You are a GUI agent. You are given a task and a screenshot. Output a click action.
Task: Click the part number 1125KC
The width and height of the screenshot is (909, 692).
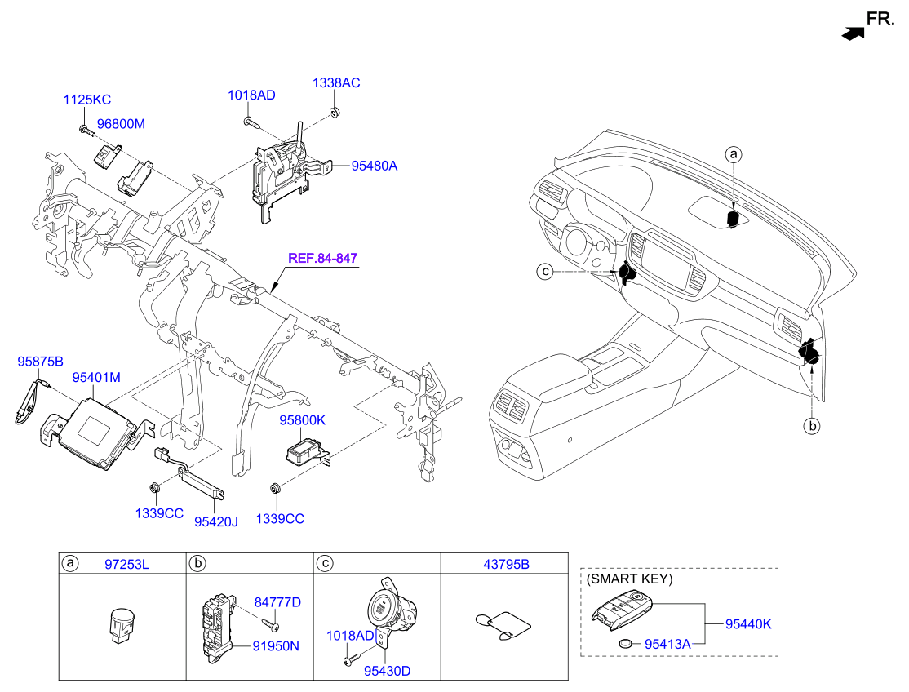point(87,100)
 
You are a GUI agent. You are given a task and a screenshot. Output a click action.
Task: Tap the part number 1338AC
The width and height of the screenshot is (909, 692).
point(336,83)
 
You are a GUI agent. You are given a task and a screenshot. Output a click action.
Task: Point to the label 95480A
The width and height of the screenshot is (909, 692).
point(374,166)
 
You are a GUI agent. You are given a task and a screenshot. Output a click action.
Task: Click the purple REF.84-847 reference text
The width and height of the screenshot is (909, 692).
point(322,258)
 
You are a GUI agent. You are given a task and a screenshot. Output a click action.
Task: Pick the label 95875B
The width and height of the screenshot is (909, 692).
point(41,360)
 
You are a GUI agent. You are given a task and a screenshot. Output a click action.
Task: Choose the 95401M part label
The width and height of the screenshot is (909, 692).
point(96,378)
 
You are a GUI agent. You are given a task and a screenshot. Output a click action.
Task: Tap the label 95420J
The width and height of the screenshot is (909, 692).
point(215,520)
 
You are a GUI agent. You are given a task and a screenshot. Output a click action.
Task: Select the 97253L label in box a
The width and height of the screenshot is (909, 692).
point(127,564)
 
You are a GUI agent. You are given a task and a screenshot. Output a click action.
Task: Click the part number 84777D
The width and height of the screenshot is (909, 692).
point(277,602)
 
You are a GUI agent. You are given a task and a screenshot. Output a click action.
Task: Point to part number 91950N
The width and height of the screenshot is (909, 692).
point(276,645)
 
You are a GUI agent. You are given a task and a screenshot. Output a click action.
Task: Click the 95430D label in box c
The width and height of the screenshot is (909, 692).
point(387,672)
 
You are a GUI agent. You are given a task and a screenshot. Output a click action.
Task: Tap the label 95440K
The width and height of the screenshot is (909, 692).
point(747,624)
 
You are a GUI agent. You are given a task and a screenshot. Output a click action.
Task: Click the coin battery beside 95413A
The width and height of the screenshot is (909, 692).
point(627,643)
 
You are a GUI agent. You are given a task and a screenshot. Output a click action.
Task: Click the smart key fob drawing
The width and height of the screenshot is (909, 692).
point(624,612)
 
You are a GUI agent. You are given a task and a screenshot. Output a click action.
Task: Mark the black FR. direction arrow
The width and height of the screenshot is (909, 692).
point(852,33)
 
